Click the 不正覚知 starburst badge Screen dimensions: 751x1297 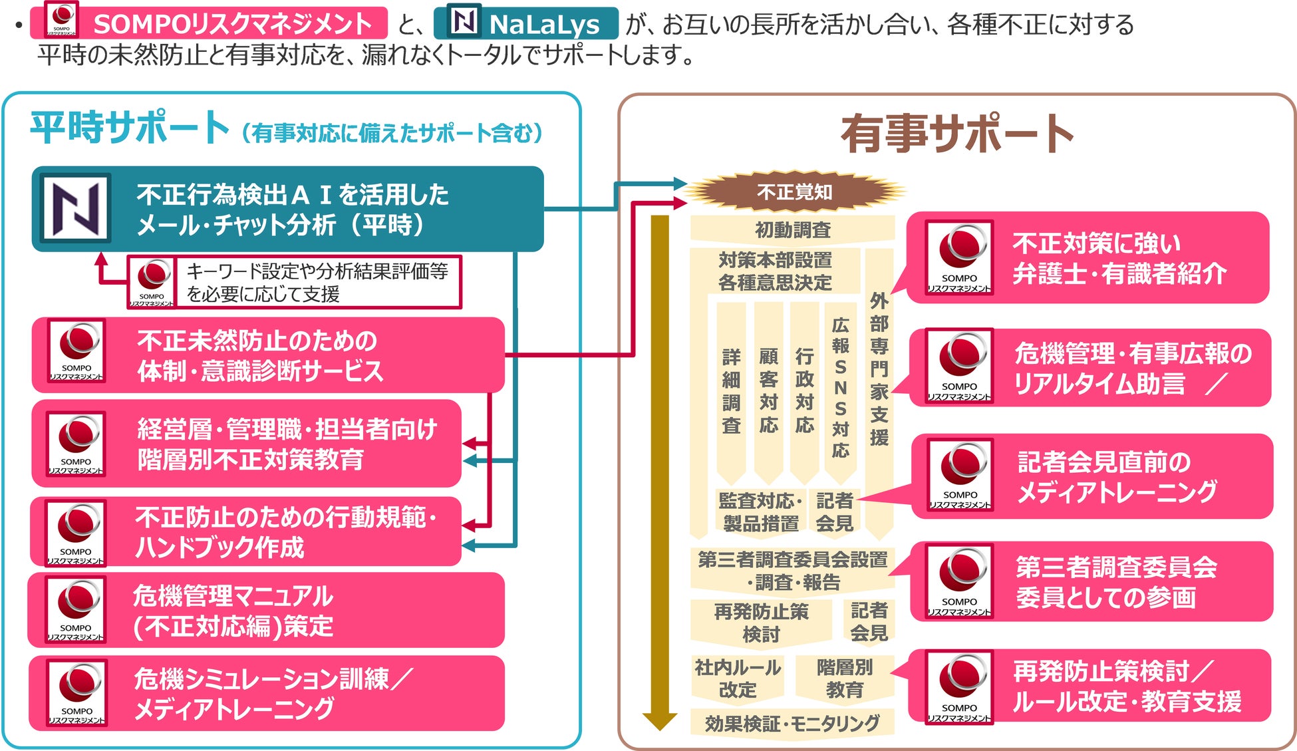click(x=795, y=192)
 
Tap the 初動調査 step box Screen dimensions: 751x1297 click(x=793, y=230)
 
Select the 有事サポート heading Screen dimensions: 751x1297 click(x=957, y=133)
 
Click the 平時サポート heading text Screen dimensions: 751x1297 click(x=130, y=127)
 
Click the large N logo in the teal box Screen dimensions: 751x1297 click(x=75, y=209)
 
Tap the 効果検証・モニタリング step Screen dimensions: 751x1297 click(x=792, y=723)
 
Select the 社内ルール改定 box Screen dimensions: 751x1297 click(x=738, y=678)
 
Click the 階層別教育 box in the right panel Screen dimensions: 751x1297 click(x=844, y=678)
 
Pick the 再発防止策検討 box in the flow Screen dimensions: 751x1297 click(x=761, y=623)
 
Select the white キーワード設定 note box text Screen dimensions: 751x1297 click(x=317, y=282)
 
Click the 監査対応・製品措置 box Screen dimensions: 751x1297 click(x=761, y=512)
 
